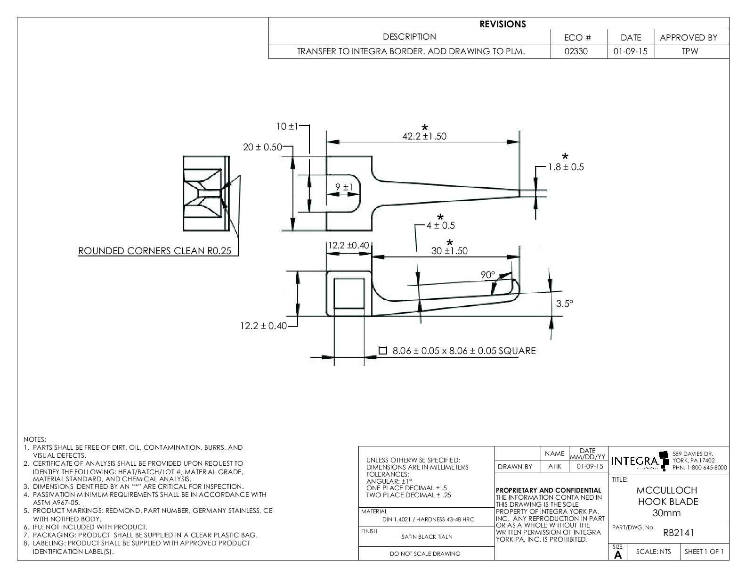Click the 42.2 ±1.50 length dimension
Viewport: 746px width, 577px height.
coord(424,136)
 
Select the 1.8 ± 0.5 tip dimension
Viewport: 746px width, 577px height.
coord(566,167)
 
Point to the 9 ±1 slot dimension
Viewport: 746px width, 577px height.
coord(344,187)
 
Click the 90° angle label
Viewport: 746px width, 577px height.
coord(488,275)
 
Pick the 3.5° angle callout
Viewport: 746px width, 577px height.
coord(564,304)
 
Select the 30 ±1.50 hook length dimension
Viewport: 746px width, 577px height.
coord(449,251)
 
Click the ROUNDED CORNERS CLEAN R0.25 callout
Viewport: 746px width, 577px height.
coord(155,251)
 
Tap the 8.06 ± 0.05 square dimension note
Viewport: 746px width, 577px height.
coord(458,351)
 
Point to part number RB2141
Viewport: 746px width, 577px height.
coord(679,533)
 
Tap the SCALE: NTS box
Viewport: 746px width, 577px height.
coord(653,552)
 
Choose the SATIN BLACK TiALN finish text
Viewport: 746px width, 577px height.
coord(427,536)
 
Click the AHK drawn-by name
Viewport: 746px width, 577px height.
coord(554,467)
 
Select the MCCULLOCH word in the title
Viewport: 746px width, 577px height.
coord(666,490)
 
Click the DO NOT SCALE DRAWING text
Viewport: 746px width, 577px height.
coord(425,554)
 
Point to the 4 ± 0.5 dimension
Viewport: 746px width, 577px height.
coord(440,225)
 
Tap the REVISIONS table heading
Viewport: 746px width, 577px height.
coord(503,24)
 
